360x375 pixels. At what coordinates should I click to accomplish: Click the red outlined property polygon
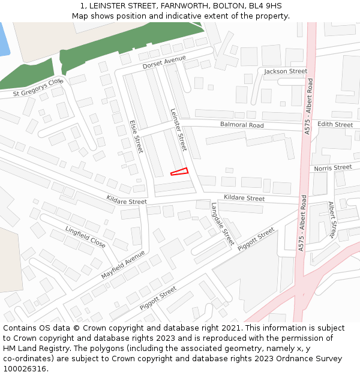180,172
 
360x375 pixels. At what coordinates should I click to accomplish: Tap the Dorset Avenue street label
164,62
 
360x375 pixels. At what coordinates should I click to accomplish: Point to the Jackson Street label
286,71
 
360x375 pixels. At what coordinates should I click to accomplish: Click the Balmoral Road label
242,125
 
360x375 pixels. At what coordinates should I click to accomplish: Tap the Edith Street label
335,124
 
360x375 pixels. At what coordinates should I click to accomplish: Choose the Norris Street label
332,168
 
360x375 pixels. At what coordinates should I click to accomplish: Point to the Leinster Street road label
179,130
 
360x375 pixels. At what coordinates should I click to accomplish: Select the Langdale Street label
222,223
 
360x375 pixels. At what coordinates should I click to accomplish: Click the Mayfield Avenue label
123,265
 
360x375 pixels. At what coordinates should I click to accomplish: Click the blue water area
4,39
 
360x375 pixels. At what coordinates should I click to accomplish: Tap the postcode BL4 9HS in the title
263,6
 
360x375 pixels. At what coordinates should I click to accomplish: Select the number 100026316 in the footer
25,369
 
